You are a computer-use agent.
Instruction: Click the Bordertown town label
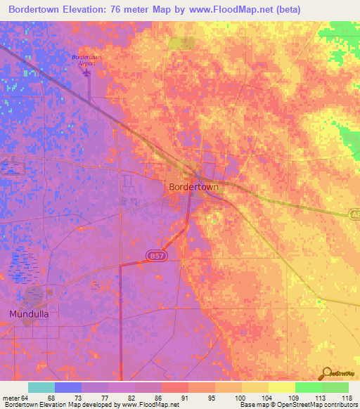(193, 188)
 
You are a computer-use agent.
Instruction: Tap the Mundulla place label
(29, 314)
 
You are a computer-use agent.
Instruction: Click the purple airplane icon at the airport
(87, 72)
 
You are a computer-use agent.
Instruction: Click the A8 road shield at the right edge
(354, 214)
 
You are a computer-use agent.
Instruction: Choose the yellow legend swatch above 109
(282, 387)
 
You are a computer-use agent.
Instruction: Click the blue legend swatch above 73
(68, 387)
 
